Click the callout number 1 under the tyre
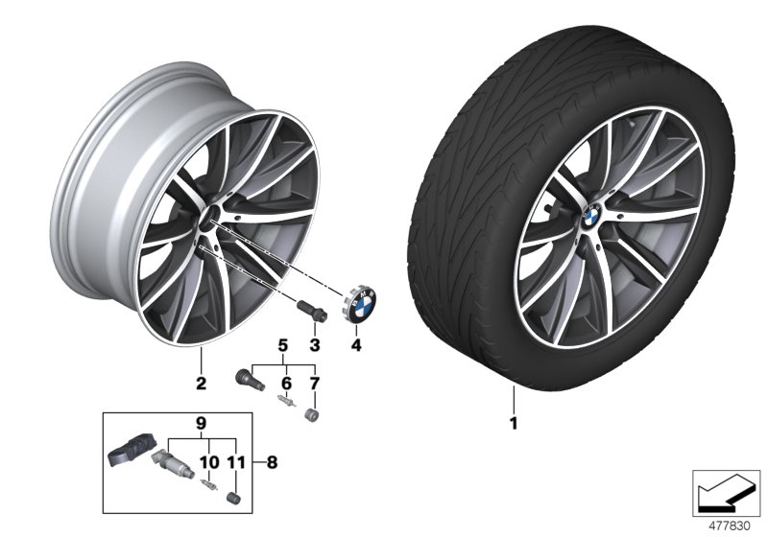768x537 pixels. click(514, 422)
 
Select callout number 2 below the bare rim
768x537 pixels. click(201, 385)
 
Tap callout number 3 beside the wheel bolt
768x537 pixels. click(313, 343)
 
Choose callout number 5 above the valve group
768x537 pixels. click(282, 344)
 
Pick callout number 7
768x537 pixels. click(313, 384)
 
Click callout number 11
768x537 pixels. click(232, 461)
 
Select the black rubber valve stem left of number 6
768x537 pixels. click(249, 377)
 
